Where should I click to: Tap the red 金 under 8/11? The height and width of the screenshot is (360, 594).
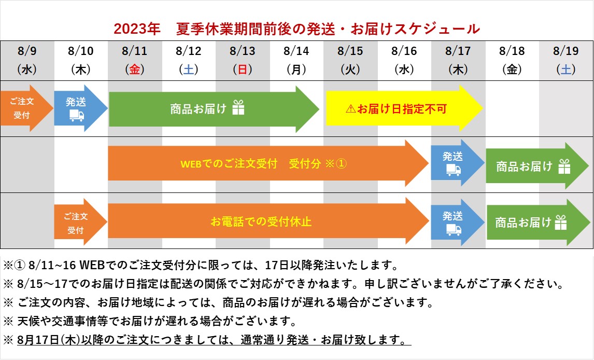(135, 70)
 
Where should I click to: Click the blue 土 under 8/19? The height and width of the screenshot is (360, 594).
(566, 70)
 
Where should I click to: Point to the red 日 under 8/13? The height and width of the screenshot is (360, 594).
(243, 70)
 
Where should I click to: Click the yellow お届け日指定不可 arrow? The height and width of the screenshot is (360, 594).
(404, 108)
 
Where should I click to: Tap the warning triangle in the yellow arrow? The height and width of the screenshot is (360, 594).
(351, 109)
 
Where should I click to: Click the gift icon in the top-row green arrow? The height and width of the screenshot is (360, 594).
(238, 107)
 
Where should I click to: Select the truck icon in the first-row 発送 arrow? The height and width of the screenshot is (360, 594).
(77, 115)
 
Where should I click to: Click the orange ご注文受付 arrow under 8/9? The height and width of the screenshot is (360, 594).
(26, 108)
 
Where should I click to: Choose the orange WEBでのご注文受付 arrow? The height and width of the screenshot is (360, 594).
(268, 163)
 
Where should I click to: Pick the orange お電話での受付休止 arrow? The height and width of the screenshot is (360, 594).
(268, 221)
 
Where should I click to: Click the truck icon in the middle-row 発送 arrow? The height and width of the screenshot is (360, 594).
(454, 170)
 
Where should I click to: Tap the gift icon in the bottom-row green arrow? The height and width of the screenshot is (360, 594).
(561, 223)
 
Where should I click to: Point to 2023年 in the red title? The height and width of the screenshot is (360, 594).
(137, 29)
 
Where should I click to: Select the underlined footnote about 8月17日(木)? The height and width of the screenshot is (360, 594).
(214, 340)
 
